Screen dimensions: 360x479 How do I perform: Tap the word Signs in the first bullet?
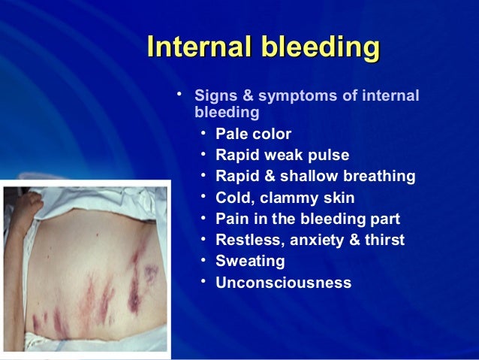(215, 96)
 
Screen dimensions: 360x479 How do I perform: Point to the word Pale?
(231, 135)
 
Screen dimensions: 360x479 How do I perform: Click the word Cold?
(233, 198)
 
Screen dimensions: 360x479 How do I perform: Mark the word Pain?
(231, 219)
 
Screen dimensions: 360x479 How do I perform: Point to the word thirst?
(384, 241)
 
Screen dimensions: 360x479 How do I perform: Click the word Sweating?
(250, 262)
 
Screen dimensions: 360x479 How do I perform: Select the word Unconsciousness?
(283, 283)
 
